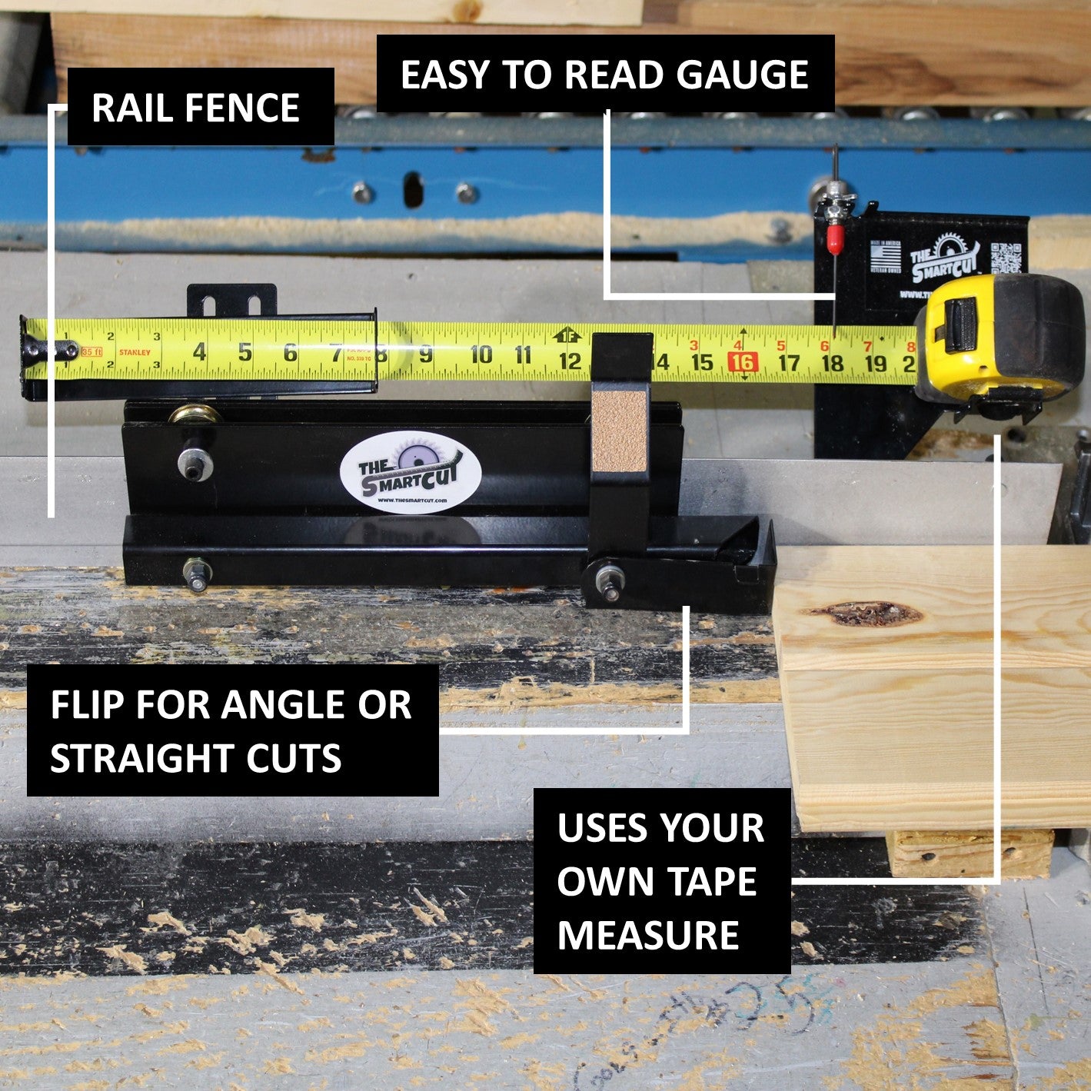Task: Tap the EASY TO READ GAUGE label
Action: (x=605, y=74)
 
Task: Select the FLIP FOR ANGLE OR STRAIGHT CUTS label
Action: (x=232, y=730)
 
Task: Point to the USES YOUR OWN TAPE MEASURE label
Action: (x=661, y=880)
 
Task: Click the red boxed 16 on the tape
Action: (x=743, y=362)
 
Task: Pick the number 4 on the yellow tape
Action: (x=199, y=352)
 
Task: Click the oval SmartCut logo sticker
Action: (x=410, y=471)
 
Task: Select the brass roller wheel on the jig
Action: (x=194, y=415)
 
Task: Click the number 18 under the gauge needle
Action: (x=833, y=362)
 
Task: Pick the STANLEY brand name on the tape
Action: (x=135, y=353)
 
